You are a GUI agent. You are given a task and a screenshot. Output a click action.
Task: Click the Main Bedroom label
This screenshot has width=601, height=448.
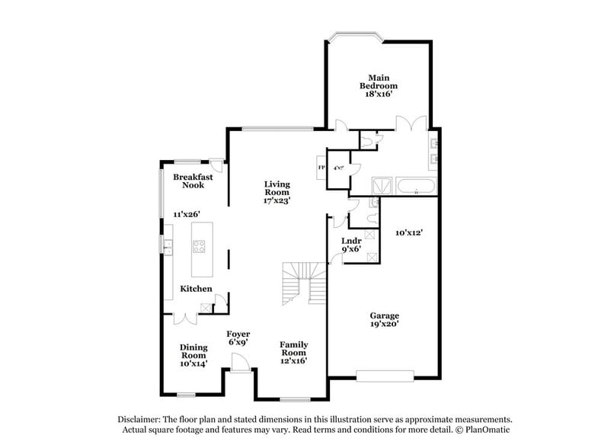coord(379,82)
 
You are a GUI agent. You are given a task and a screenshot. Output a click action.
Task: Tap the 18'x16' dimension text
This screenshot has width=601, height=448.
coord(379,94)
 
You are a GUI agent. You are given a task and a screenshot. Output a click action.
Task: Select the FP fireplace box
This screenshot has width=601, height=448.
coord(321,168)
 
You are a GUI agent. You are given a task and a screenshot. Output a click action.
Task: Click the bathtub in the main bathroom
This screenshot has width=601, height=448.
coord(415,185)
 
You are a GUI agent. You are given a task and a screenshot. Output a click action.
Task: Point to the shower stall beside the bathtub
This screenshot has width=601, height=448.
coord(381,185)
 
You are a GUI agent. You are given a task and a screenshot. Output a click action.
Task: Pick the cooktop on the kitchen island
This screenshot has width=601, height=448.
coord(199,245)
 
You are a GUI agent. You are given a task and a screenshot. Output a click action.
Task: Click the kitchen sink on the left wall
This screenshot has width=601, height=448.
coord(167,245)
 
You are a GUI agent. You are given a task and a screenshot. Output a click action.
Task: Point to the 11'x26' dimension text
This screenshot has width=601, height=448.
coord(182,215)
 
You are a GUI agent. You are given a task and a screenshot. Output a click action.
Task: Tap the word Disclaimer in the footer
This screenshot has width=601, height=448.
coord(140,420)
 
